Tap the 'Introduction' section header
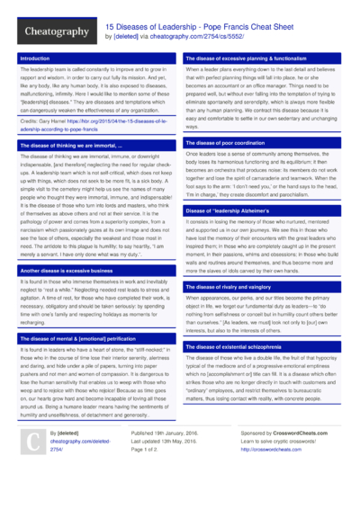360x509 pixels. pyautogui.click(x=36, y=58)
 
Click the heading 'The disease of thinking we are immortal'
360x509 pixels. pyautogui.click(x=76, y=145)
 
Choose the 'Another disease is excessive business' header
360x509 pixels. pyautogui.click(x=71, y=270)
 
